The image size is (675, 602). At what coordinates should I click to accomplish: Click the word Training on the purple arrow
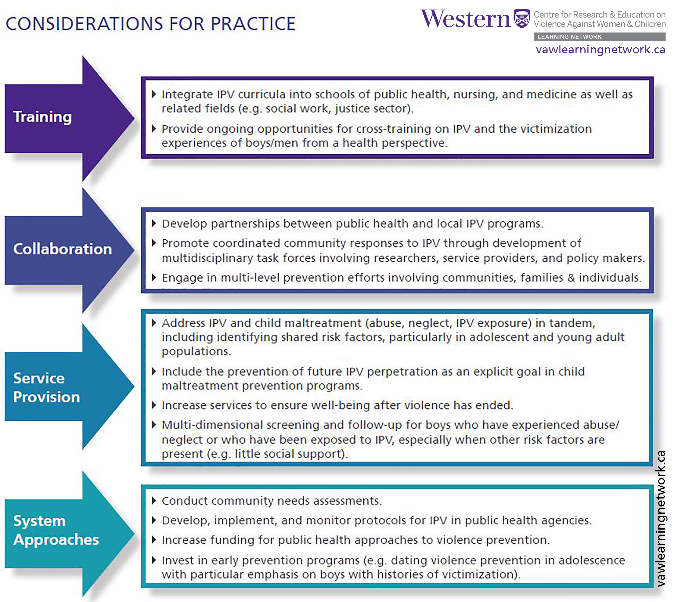(x=42, y=117)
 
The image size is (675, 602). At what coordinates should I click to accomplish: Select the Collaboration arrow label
(x=62, y=249)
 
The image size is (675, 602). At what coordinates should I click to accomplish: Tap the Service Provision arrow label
(x=47, y=387)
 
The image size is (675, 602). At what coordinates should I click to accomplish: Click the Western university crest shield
(x=522, y=19)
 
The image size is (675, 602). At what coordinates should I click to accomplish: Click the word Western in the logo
(x=465, y=19)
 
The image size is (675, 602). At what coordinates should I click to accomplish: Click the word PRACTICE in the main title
(x=253, y=24)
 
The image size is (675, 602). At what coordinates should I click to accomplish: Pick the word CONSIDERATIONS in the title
(x=85, y=24)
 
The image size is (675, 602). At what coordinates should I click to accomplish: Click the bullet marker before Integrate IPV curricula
(x=154, y=94)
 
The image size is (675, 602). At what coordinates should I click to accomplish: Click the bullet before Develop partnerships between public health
(x=154, y=223)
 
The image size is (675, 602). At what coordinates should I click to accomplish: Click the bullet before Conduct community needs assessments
(x=154, y=501)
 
